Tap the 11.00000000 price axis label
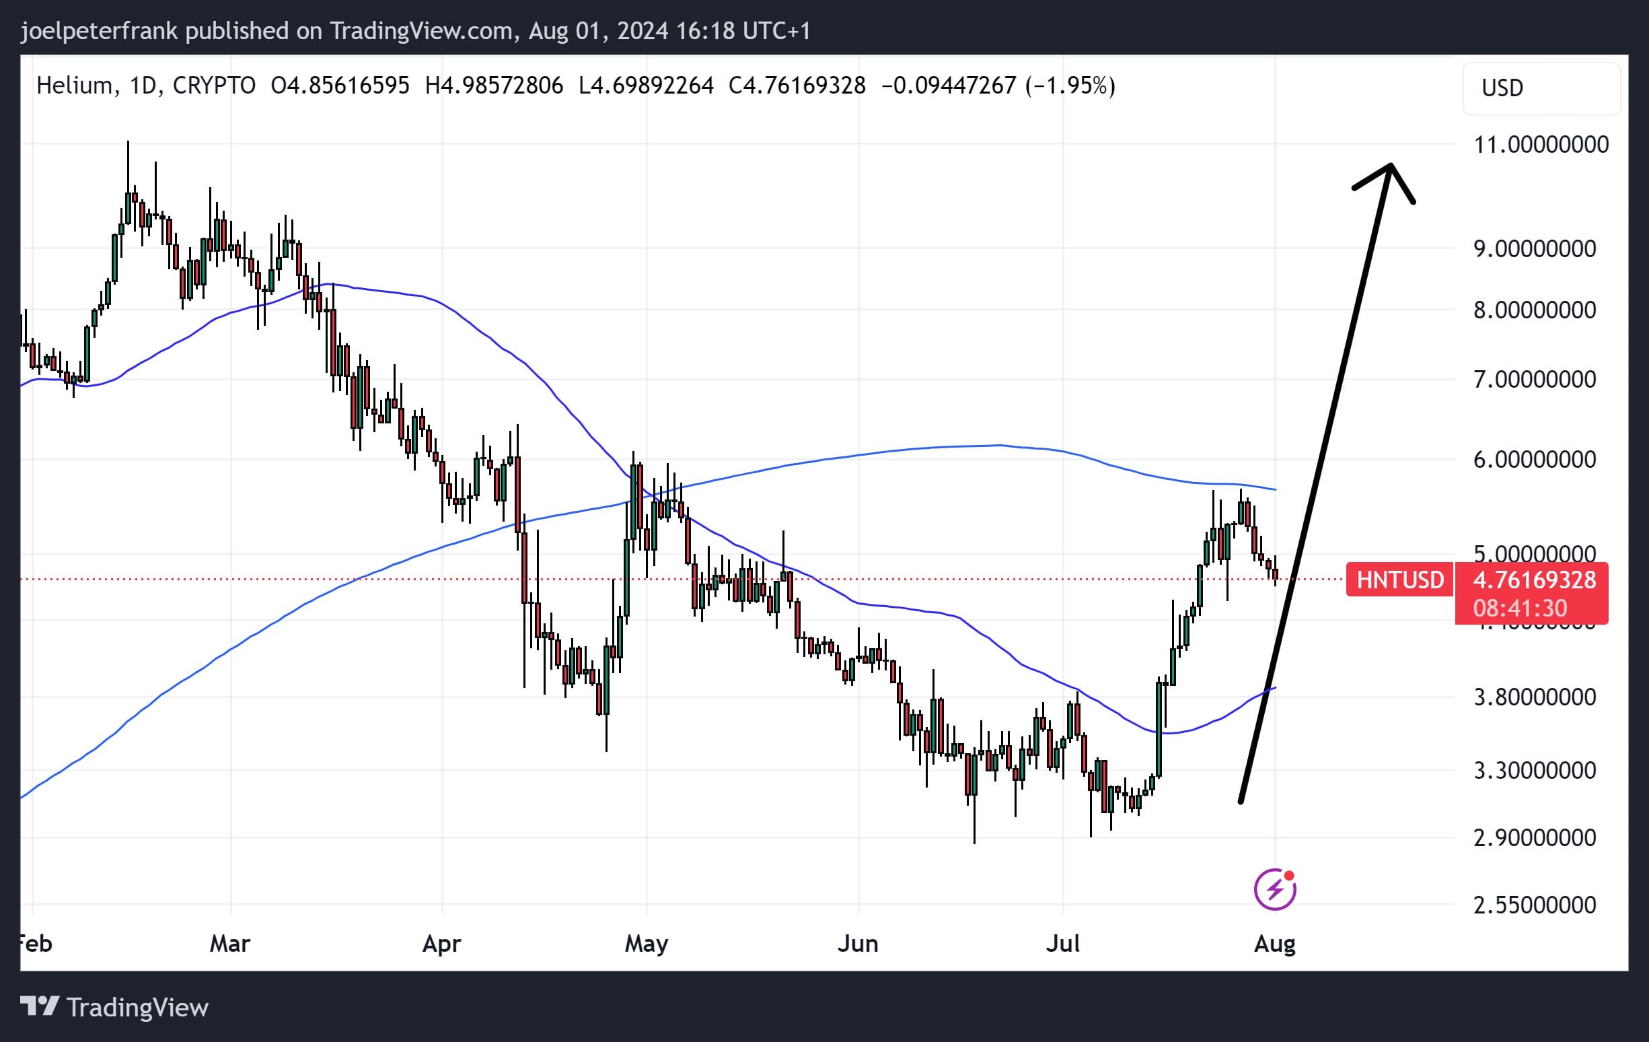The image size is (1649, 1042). pyautogui.click(x=1541, y=145)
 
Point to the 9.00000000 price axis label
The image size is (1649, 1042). pyautogui.click(x=1534, y=248)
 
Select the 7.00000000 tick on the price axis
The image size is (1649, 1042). pyautogui.click(x=1534, y=379)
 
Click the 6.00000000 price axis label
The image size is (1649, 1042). pyautogui.click(x=1534, y=459)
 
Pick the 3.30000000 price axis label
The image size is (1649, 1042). pyautogui.click(x=1534, y=771)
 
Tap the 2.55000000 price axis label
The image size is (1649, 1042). pyautogui.click(x=1534, y=905)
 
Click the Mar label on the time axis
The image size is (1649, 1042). pyautogui.click(x=229, y=943)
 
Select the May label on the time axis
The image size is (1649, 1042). pyautogui.click(x=646, y=943)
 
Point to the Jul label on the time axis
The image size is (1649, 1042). pyautogui.click(x=1062, y=943)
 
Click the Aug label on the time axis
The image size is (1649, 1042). pyautogui.click(x=1274, y=943)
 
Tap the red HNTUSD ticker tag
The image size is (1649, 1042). pyautogui.click(x=1399, y=580)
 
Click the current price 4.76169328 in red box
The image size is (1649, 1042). pyautogui.click(x=1534, y=580)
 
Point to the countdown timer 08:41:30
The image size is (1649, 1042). pyautogui.click(x=1520, y=608)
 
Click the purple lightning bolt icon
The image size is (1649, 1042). pyautogui.click(x=1274, y=890)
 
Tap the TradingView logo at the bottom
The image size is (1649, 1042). pyautogui.click(x=114, y=1007)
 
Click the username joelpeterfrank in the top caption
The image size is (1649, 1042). pyautogui.click(x=100, y=31)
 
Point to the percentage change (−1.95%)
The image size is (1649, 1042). pyautogui.click(x=1070, y=85)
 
